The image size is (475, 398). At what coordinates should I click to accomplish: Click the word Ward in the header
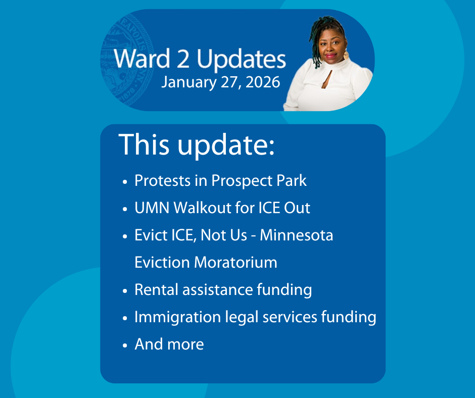142,59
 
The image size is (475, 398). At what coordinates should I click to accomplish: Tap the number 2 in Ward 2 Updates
183,59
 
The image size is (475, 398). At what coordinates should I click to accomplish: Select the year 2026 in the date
263,82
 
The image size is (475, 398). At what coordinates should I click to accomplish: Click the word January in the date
188,82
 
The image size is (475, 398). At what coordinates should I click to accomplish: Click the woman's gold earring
346,55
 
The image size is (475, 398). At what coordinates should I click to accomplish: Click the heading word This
144,144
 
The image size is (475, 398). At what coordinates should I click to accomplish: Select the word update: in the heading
226,145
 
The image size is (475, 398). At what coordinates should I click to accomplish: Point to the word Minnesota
297,235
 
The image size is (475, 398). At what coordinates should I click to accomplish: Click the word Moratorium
235,262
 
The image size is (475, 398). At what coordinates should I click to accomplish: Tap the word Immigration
177,317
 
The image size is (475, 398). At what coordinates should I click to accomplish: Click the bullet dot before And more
125,345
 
